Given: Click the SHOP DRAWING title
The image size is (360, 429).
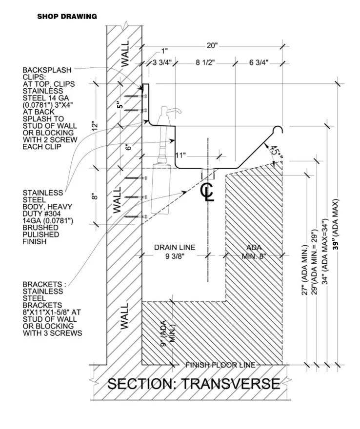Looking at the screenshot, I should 67,17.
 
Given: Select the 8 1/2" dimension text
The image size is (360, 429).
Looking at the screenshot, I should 204,62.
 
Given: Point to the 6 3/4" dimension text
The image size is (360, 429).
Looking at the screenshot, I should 259,62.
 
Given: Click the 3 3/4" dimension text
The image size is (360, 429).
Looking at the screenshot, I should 162,62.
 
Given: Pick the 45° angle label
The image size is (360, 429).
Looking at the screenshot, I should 276,153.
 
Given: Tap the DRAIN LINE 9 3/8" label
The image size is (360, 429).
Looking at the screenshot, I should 175,252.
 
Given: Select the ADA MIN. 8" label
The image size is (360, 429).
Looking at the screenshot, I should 255,252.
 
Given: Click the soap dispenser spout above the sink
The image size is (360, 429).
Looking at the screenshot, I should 177,112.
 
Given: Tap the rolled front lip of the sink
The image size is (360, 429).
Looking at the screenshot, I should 279,130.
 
